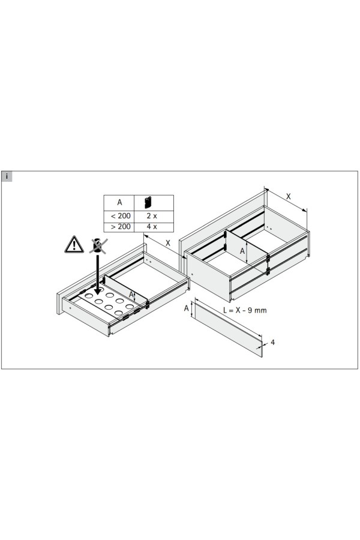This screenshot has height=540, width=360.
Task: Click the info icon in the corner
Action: (x=7, y=176)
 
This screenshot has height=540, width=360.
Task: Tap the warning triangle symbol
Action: (x=74, y=245)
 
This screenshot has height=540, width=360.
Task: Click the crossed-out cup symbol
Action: (x=98, y=245)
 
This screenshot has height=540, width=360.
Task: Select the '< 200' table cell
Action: (x=119, y=216)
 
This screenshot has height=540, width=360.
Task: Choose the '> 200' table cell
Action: (x=119, y=227)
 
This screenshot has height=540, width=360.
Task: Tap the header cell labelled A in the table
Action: (x=119, y=203)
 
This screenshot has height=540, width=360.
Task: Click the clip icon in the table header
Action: (x=148, y=203)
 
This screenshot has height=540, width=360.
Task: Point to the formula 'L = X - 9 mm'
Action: (x=245, y=310)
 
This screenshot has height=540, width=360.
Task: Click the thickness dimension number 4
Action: (x=273, y=343)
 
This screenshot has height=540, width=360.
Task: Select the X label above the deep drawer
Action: (x=289, y=196)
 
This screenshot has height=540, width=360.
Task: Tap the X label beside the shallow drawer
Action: (x=168, y=243)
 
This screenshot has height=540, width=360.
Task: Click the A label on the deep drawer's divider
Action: (x=242, y=251)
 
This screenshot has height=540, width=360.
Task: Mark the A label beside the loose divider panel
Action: (x=187, y=308)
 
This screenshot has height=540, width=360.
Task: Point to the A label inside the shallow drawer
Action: (x=131, y=295)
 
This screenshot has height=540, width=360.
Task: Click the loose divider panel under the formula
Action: (x=229, y=328)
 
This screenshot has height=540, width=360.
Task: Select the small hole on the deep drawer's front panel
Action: (x=192, y=274)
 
